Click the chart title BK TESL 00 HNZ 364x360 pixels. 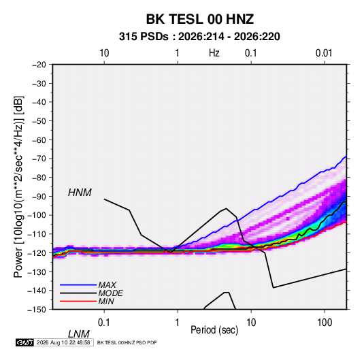coord(199,19)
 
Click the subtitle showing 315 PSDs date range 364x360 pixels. coord(199,37)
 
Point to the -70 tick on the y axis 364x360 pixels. coord(39,159)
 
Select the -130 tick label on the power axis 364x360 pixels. coord(37,272)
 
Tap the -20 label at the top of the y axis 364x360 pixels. coord(39,65)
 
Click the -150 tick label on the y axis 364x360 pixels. coord(37,310)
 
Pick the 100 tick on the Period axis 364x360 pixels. coord(325,323)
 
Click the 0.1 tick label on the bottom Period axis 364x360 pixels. coord(104,323)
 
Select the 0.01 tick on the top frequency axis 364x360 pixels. coord(324,53)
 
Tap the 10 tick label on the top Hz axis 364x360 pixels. coord(104,53)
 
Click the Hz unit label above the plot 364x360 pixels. coord(214,53)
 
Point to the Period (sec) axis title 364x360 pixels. coord(214,330)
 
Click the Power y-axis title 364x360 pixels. coord(18,187)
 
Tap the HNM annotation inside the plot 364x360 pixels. coord(80,193)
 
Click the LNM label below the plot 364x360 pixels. coord(79,334)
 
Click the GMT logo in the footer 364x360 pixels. coord(25,342)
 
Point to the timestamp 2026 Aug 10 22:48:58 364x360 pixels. coord(63,342)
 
